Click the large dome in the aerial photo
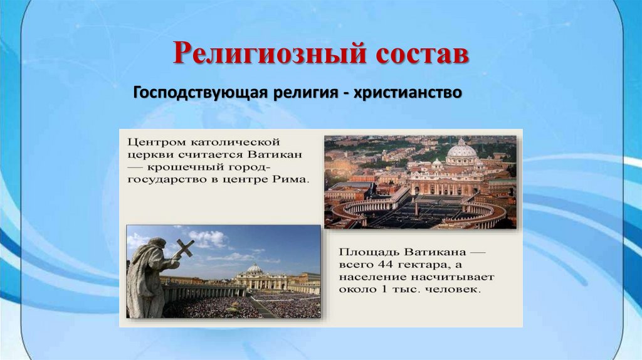tap(461, 152)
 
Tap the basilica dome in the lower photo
tap(255, 268)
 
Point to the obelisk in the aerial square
tap(415, 205)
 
